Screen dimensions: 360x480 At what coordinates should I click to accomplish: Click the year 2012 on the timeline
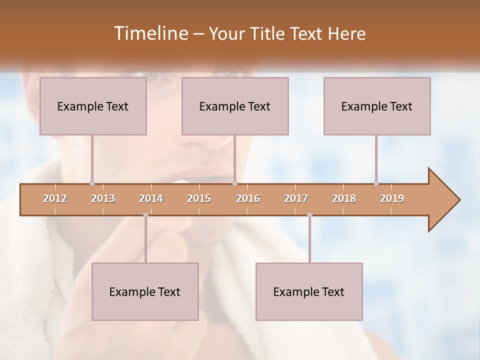55,198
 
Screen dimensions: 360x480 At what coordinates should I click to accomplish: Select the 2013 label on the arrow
103,198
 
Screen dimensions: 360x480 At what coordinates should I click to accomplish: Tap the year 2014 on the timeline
151,198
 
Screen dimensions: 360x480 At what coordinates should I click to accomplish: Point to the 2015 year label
199,198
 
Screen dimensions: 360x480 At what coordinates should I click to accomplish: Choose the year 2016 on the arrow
248,198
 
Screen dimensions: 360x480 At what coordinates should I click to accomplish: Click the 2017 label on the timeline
296,198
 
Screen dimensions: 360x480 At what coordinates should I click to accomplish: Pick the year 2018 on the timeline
344,198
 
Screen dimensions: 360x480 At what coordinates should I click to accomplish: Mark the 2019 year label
392,198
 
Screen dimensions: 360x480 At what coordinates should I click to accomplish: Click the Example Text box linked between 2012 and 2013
93,106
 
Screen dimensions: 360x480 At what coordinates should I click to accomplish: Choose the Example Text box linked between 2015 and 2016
235,106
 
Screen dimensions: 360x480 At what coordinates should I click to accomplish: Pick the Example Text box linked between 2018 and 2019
377,106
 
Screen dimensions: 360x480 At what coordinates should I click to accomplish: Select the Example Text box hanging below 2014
145,291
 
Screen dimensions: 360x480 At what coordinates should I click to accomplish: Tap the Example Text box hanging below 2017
309,291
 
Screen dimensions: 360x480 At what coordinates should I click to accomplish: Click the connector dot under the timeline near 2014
145,215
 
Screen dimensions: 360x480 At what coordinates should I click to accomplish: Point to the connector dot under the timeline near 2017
309,215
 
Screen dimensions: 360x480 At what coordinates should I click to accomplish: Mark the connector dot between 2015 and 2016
234,183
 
